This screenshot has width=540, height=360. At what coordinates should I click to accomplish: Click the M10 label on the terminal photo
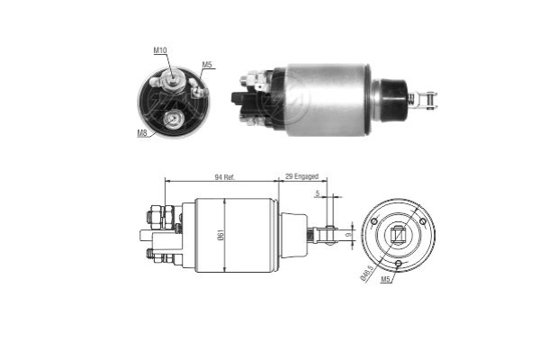coord(161,51)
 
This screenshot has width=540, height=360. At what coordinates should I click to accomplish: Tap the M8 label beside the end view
coord(142,133)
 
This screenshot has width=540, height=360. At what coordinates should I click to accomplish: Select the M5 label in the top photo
coord(207,64)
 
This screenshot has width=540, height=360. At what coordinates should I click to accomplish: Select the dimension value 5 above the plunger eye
coord(317,193)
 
